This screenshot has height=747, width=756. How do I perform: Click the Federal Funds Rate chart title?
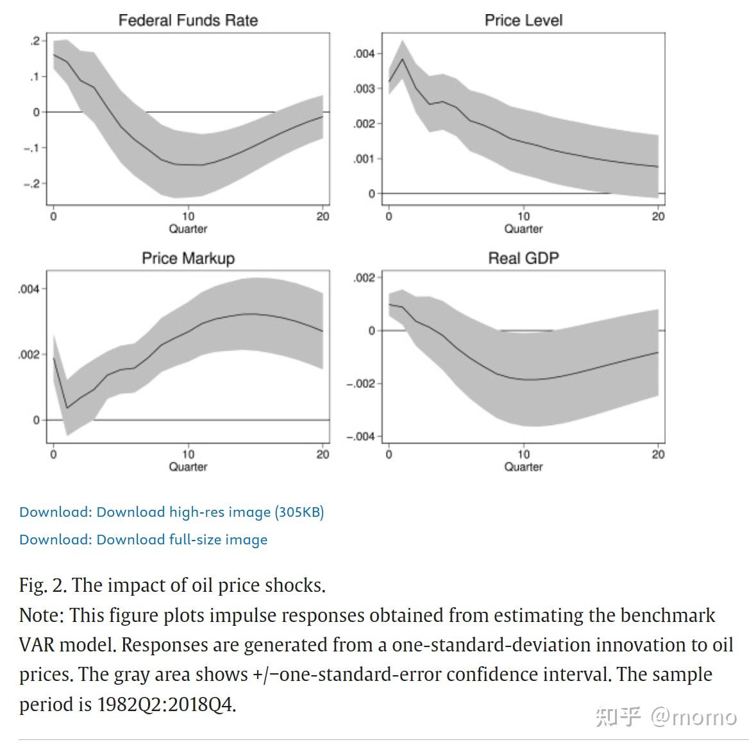[x=188, y=21]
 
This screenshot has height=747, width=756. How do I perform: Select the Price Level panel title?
[x=523, y=21]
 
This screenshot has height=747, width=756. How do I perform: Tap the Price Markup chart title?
[x=188, y=258]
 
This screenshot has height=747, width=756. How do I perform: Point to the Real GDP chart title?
[x=523, y=258]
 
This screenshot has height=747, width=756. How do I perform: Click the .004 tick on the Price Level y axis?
[x=364, y=54]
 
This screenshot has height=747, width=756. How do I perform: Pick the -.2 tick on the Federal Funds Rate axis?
[x=31, y=184]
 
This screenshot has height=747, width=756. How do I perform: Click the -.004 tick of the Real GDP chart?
[x=360, y=437]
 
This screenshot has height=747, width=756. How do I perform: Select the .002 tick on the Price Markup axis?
[x=29, y=355]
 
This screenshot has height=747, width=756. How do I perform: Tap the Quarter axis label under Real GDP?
[x=523, y=467]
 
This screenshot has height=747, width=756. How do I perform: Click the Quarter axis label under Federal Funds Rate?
[x=188, y=229]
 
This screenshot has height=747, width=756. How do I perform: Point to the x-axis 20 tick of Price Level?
[x=659, y=217]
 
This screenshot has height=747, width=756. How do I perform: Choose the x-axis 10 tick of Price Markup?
[x=188, y=455]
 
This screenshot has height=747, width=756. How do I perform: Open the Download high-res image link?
[x=171, y=512]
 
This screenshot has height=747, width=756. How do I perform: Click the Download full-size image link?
[x=143, y=539]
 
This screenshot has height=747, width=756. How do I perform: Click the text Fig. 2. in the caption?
[x=42, y=585]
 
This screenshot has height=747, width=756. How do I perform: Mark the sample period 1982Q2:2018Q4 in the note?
[x=165, y=704]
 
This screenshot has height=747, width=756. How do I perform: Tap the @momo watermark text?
[x=694, y=716]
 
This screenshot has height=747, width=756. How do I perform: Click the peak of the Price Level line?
[x=402, y=59]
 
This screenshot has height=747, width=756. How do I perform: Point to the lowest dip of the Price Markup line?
[x=67, y=408]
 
